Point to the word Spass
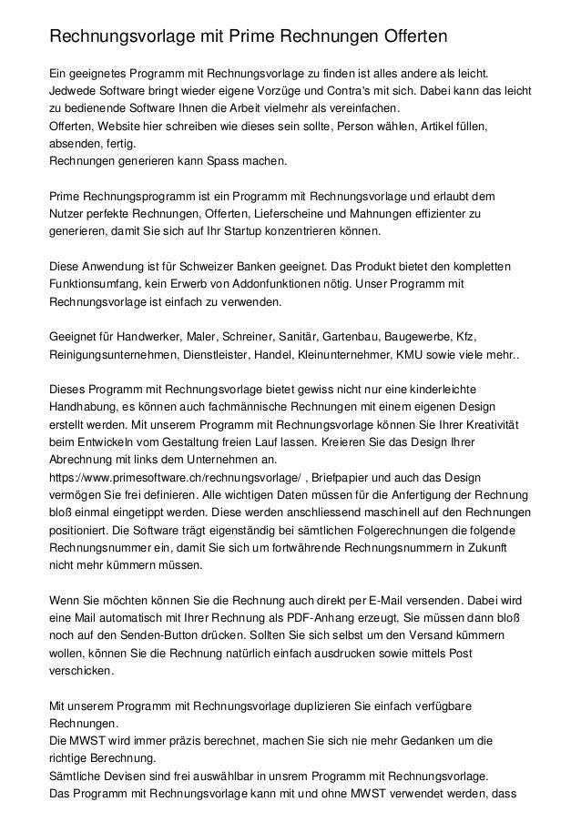208,161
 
